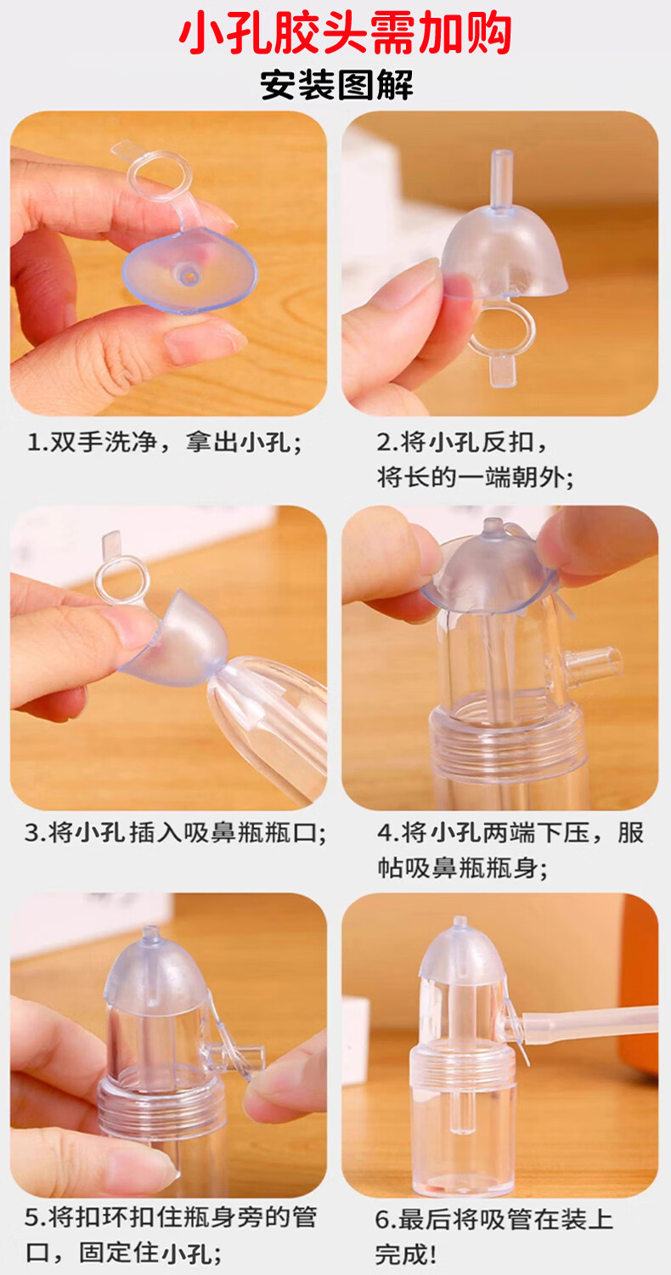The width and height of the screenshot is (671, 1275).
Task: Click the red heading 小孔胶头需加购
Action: pos(345,34)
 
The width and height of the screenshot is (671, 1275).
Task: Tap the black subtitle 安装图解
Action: pos(336,85)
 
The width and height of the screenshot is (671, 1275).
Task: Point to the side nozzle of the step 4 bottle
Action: pos(591,665)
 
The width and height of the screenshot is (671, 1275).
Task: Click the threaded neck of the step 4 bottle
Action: pos(506,740)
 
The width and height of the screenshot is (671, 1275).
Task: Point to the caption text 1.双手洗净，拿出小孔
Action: pos(165,442)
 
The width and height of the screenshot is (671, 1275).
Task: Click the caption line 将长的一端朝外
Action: pos(475,477)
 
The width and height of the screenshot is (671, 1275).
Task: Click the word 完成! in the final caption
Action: pos(406,1255)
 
